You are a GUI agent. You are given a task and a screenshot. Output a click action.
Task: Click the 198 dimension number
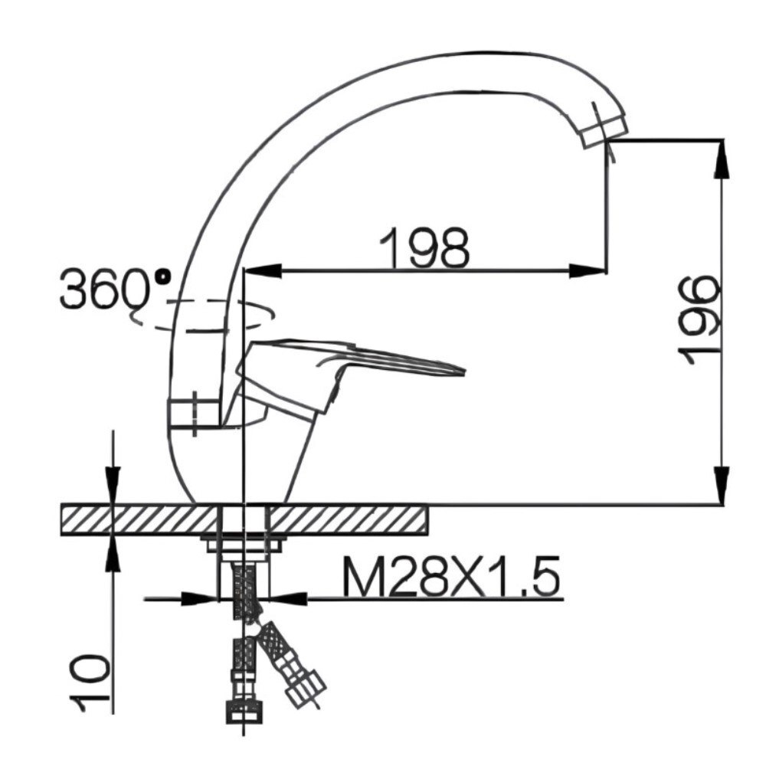425,247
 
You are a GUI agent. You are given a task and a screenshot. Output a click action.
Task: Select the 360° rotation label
115,289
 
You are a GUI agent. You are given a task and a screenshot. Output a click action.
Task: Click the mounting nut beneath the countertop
243,545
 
